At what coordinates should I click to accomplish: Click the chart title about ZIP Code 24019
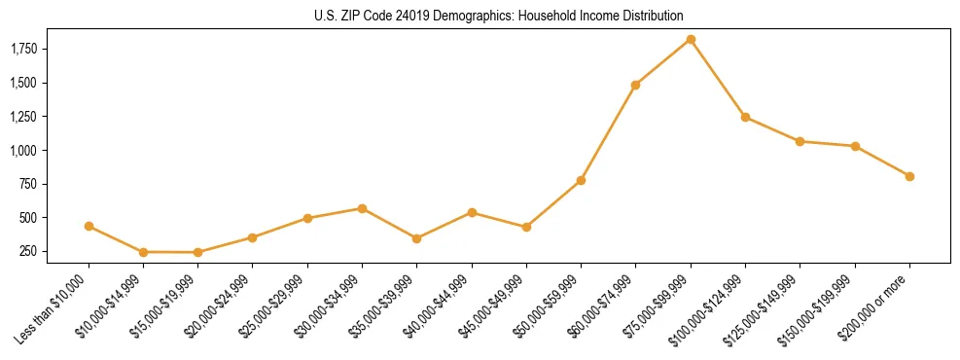click(499, 16)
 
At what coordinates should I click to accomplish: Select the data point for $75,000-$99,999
click(691, 39)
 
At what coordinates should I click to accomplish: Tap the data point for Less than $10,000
click(89, 226)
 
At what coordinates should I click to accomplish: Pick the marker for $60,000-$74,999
click(635, 85)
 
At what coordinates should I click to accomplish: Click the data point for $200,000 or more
click(909, 176)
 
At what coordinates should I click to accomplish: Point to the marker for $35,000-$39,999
click(416, 238)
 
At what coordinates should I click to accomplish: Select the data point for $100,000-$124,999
click(745, 117)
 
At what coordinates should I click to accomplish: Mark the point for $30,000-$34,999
click(362, 208)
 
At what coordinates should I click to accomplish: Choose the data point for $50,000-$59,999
click(581, 180)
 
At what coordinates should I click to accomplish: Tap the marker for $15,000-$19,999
click(197, 252)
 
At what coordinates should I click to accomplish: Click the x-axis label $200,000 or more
click(876, 303)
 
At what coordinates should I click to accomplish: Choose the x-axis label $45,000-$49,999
click(494, 307)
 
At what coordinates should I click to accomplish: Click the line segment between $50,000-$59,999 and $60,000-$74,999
click(608, 132)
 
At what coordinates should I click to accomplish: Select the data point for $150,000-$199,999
click(855, 146)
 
